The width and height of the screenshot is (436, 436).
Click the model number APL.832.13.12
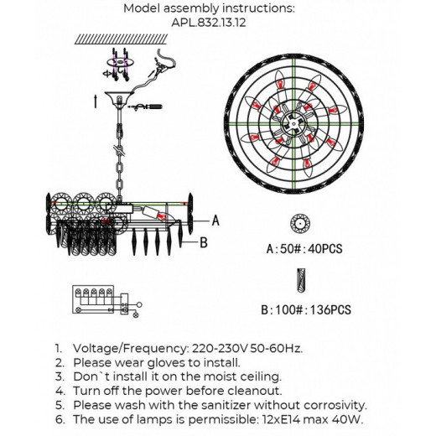[x=209, y=23]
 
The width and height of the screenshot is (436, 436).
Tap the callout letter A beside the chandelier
[x=215, y=221]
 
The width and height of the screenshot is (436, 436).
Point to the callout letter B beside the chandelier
[x=204, y=242]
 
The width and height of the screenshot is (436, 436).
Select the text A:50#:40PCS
[x=304, y=248]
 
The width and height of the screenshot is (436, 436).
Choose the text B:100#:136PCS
[x=306, y=309]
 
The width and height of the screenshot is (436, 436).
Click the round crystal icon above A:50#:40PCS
[x=300, y=224]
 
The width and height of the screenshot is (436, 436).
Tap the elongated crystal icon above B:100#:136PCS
[x=301, y=280]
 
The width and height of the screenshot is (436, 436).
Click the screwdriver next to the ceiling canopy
[x=145, y=106]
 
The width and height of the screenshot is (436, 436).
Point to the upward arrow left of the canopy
[x=96, y=101]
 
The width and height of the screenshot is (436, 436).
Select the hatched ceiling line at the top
[x=121, y=39]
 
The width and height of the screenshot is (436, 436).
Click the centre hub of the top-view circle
[x=293, y=123]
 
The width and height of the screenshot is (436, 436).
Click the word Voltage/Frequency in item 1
[x=129, y=349]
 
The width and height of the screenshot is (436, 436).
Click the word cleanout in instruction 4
[x=255, y=391]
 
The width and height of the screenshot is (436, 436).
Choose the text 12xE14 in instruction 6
[x=281, y=419]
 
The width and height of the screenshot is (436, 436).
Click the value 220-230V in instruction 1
[x=220, y=349]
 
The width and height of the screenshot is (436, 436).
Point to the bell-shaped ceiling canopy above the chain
[x=119, y=98]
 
